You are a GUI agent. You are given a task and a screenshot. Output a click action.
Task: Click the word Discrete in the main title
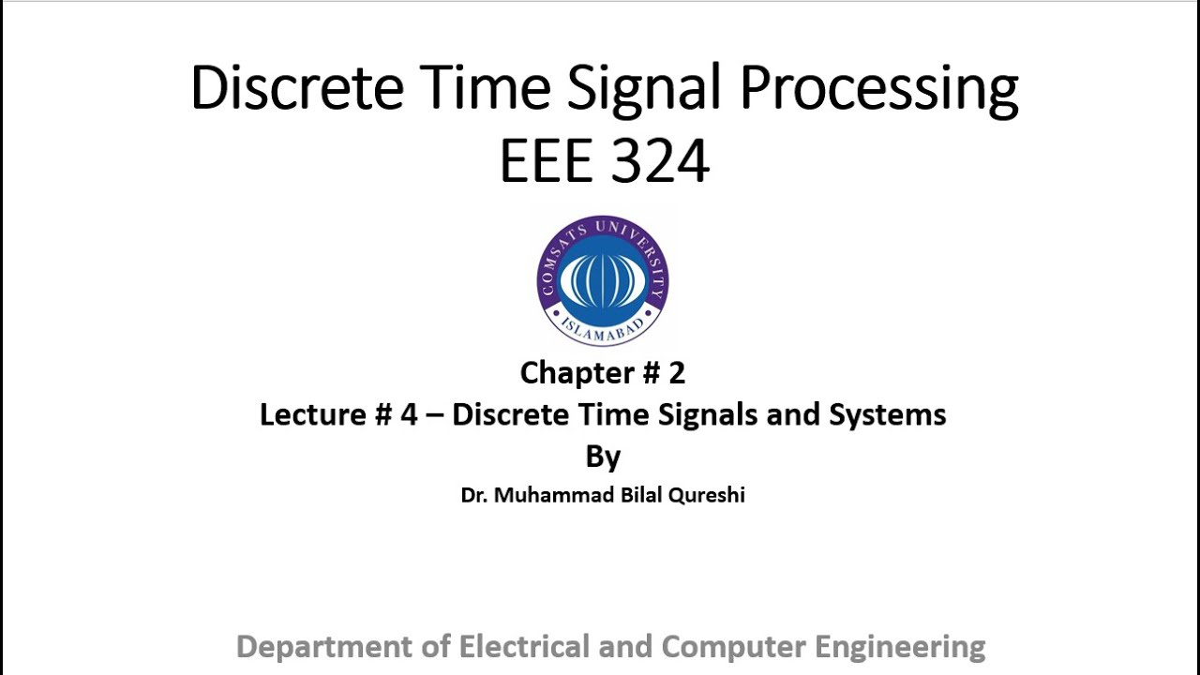pos(296,88)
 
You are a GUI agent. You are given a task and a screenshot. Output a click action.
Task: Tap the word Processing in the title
pos(878,90)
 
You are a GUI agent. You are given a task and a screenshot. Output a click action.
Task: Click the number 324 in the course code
pos(662,161)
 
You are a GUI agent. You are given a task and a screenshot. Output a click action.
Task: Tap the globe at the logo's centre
pos(603,277)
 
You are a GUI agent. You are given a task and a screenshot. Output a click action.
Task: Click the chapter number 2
pos(677,373)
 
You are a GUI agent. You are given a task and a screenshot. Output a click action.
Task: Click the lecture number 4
pos(408,414)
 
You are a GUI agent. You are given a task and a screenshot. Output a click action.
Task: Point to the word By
pos(603,457)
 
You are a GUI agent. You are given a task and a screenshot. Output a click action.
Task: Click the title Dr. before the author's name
pos(473,495)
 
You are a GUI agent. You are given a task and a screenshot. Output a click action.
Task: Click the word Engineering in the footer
pos(900,647)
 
